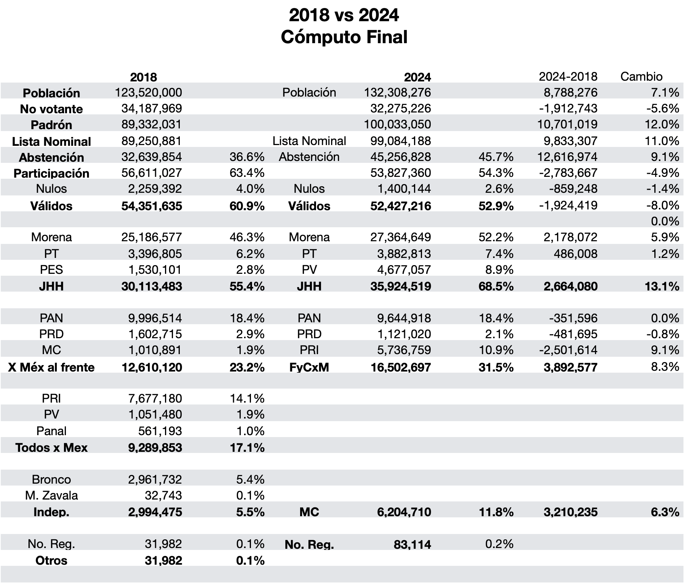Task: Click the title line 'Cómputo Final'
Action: coord(344,37)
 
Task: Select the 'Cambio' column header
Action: coord(641,77)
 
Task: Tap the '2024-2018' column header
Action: coord(568,77)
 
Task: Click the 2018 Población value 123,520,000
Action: coord(148,92)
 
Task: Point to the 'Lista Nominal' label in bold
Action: coord(51,141)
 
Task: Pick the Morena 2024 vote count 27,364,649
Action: coord(400,237)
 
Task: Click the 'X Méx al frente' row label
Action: coord(51,367)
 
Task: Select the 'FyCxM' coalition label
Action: coord(309,367)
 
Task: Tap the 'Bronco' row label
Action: coord(51,479)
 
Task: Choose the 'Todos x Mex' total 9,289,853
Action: coord(155,448)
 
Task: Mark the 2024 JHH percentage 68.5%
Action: coord(496,286)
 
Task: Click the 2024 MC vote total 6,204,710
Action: coord(404,512)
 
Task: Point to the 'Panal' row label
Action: coord(51,431)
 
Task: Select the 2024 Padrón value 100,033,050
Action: coord(397,124)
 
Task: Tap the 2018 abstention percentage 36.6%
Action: coord(247,157)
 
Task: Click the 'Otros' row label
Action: coord(51,561)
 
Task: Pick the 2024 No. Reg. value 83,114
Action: coord(413,545)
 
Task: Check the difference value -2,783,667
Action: coord(568,173)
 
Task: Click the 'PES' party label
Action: coord(51,270)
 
